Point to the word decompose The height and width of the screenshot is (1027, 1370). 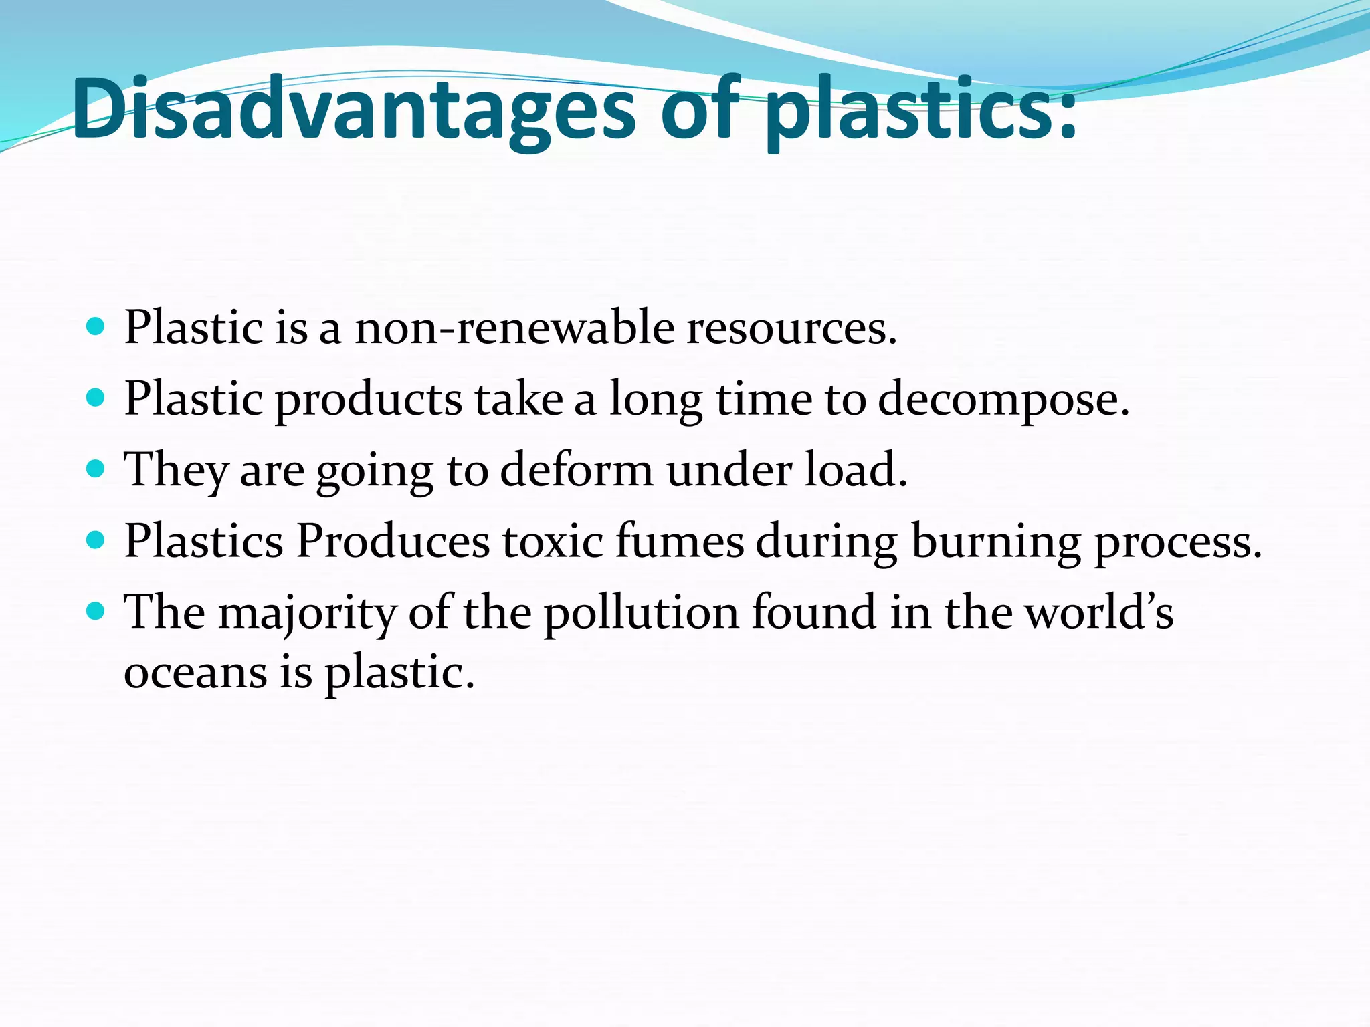[x=1002, y=400]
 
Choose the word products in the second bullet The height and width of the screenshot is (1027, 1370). [x=368, y=400]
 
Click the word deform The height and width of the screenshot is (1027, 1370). [x=576, y=470]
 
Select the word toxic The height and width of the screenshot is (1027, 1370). [x=553, y=541]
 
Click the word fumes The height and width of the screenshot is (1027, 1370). [x=679, y=541]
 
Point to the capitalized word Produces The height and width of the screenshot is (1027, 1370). [x=393, y=541]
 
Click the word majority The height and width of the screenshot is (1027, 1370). [x=307, y=613]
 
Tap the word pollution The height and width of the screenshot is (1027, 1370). [x=641, y=613]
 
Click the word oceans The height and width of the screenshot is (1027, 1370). [x=195, y=672]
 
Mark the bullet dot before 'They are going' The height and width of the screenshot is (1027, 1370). [x=96, y=469]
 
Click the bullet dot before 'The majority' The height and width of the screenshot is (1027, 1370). [x=96, y=610]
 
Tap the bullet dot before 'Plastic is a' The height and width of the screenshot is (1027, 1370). [x=96, y=327]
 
